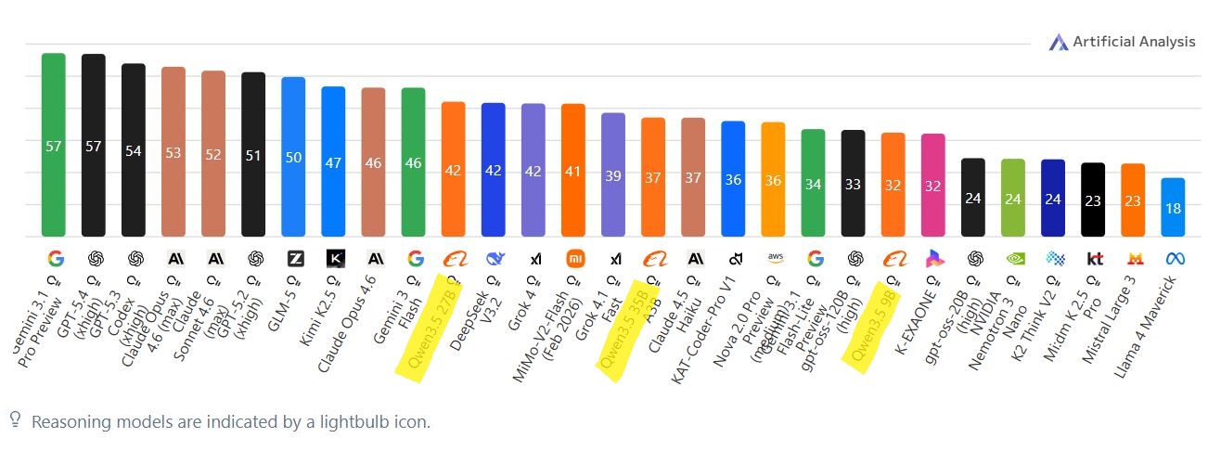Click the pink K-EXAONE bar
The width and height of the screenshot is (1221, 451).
click(932, 185)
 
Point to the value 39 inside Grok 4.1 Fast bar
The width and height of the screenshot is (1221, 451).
click(612, 176)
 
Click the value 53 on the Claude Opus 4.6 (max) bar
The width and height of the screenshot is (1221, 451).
click(174, 153)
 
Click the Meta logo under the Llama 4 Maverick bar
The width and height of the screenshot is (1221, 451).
click(1173, 259)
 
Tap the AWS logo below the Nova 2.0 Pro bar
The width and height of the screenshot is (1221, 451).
click(773, 258)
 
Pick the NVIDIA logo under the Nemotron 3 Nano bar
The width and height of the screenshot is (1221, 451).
click(1013, 259)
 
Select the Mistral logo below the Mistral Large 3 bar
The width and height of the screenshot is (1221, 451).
click(1133, 259)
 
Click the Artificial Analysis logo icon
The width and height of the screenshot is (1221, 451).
click(1059, 42)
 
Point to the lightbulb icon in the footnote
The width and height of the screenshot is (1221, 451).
click(15, 420)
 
